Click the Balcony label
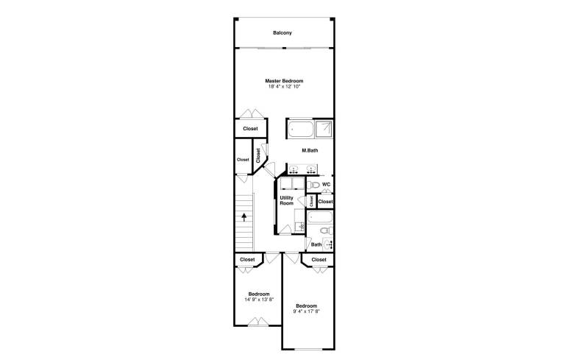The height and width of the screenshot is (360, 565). tap(282, 33)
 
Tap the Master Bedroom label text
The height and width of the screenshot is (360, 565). tap(284, 81)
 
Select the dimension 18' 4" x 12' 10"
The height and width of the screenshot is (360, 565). tap(284, 87)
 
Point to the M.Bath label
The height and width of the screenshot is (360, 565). tap(310, 150)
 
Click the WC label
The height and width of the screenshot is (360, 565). tap(326, 184)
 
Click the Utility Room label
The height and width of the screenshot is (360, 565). tap(287, 200)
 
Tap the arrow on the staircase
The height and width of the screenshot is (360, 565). tap(244, 217)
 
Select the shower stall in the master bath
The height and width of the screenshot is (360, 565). tap(324, 129)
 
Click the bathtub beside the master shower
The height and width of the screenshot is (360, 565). tap(301, 129)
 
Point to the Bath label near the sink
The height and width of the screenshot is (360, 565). tap(316, 244)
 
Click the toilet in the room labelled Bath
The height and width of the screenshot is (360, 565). tap(327, 230)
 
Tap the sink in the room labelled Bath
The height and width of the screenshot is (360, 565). tap(328, 244)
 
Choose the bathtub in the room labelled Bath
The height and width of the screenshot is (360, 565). tap(319, 217)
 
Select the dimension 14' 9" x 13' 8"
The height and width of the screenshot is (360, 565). tap(259, 300)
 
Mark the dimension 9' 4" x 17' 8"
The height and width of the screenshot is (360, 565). tap(307, 311)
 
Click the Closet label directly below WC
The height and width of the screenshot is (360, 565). tap(326, 202)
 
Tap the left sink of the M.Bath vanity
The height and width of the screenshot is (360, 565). tap(294, 169)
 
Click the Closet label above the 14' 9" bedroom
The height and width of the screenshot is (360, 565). tap(247, 260)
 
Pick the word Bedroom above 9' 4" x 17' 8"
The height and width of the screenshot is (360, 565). tap(307, 306)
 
